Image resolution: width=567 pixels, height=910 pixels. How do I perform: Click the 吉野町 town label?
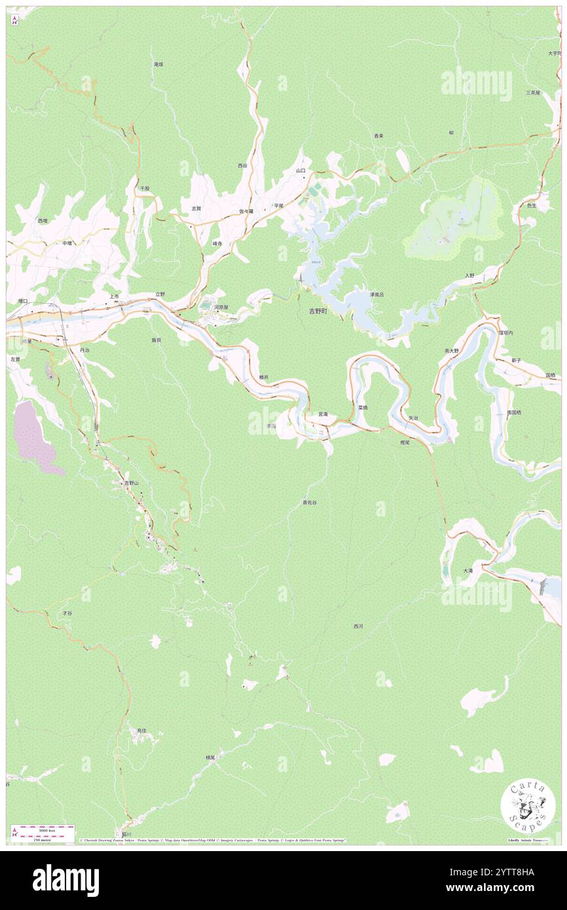pyautogui.click(x=322, y=312)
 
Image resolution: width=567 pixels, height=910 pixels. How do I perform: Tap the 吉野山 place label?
pyautogui.click(x=131, y=483)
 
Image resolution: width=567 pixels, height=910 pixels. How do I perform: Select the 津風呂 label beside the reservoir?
pyautogui.click(x=376, y=295)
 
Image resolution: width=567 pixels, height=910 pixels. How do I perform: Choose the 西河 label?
pyautogui.click(x=358, y=627)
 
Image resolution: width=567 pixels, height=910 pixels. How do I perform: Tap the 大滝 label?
pyautogui.click(x=467, y=571)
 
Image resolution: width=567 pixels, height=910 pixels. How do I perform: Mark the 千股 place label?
pyautogui.click(x=145, y=188)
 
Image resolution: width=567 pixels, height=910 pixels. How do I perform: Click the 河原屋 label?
pyautogui.click(x=221, y=307)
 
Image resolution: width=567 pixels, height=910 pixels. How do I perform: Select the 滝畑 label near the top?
pyautogui.click(x=158, y=64)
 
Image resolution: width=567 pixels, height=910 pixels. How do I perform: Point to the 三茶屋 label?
pyautogui.click(x=533, y=93)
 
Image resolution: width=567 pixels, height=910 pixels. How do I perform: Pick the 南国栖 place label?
pyautogui.click(x=514, y=412)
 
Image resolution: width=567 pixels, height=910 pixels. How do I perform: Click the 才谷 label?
pyautogui.click(x=67, y=613)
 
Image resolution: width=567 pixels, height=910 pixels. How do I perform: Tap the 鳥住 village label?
pyautogui.click(x=141, y=730)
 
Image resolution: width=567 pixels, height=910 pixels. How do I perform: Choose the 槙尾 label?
pyautogui.click(x=210, y=757)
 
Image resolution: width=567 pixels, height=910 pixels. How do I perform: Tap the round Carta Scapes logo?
pyautogui.click(x=528, y=807)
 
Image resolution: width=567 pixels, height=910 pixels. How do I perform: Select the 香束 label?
pyautogui.click(x=378, y=136)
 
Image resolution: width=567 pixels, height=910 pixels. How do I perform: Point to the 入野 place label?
pyautogui.click(x=469, y=276)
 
